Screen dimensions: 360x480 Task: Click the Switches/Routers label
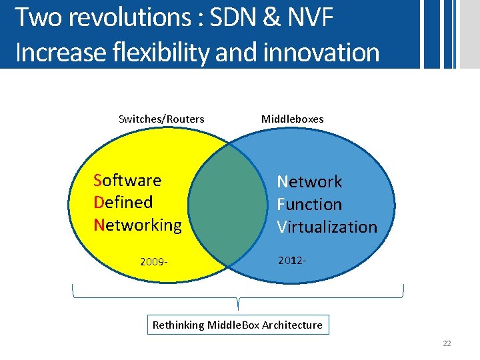click(161, 119)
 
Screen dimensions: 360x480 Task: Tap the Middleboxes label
click(292, 119)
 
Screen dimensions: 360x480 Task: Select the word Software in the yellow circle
click(127, 180)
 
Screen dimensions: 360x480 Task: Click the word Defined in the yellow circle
click(123, 202)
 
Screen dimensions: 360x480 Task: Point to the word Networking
click(138, 225)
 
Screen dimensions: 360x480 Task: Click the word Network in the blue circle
click(309, 181)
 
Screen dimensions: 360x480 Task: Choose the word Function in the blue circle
click(309, 204)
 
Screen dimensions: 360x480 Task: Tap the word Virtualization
click(327, 227)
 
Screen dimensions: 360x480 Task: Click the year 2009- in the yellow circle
click(153, 261)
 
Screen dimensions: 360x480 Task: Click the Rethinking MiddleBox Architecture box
click(237, 325)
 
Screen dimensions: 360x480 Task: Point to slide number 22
click(447, 343)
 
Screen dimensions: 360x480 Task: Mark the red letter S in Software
click(98, 180)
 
